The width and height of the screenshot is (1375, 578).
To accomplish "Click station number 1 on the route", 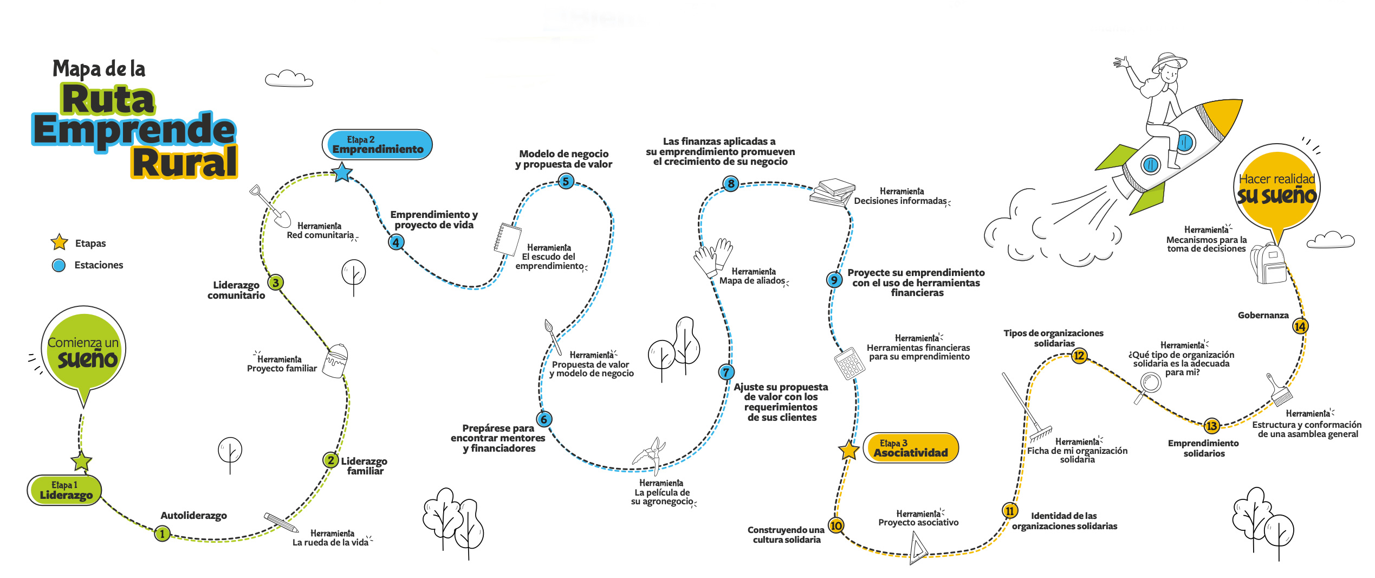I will point(162,534).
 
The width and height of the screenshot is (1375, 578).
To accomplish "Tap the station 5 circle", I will point(566,181).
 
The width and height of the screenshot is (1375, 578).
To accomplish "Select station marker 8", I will point(731,183).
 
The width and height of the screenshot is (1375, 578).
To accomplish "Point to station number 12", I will point(1079,356).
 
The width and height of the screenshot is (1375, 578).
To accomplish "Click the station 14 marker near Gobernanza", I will point(1300,326).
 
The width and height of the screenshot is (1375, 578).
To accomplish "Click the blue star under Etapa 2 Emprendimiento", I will point(342,172).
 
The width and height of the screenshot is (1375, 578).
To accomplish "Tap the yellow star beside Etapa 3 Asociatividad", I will point(848,449).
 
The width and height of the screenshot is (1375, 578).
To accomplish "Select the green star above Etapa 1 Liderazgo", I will point(81,461).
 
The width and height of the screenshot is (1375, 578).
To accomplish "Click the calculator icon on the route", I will point(849,363).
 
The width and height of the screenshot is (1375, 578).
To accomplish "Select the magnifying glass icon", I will point(1147,386).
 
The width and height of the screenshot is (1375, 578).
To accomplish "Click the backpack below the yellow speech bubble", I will point(1269,263).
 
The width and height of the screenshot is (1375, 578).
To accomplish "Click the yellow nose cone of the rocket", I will point(1225,114).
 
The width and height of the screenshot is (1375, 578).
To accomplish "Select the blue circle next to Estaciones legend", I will point(59,265).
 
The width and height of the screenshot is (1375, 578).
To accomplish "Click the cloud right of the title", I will point(289,79).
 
